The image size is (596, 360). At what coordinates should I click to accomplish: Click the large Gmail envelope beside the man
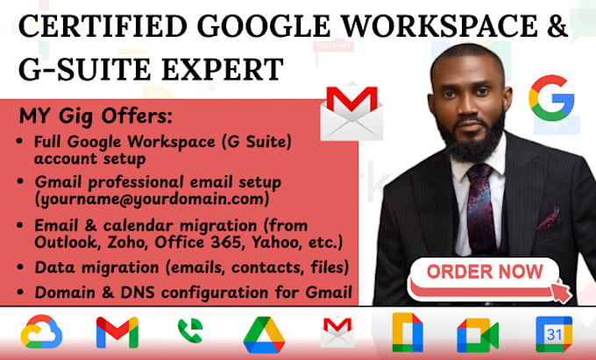[351, 112]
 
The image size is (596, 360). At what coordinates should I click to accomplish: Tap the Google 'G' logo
[550, 98]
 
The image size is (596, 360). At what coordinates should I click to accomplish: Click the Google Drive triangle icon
[264, 334]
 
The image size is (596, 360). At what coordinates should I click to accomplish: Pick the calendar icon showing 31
[554, 334]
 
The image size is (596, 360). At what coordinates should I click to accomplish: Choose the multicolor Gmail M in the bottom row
[117, 333]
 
